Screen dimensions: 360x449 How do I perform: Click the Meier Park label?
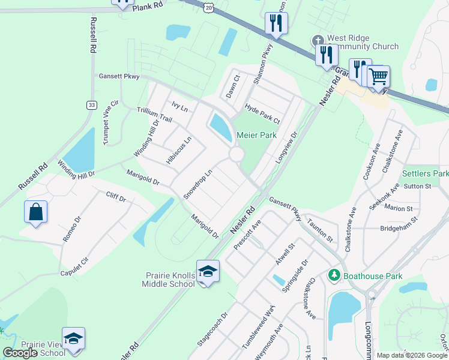click(x=256, y=135)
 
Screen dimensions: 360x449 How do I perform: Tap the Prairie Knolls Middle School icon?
click(x=208, y=272)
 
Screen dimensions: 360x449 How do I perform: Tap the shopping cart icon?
click(x=378, y=76)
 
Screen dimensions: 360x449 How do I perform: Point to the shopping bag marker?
click(x=35, y=212)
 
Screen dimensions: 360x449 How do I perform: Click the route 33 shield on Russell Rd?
click(x=91, y=105)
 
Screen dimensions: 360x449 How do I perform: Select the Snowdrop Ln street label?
click(x=198, y=184)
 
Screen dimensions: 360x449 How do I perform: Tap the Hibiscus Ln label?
click(x=179, y=151)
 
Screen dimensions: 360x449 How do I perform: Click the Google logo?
click(x=20, y=353)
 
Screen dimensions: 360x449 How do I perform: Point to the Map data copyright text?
click(x=411, y=355)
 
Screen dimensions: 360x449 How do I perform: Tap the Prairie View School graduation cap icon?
click(x=73, y=338)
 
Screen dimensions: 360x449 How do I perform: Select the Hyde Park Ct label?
click(x=262, y=113)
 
